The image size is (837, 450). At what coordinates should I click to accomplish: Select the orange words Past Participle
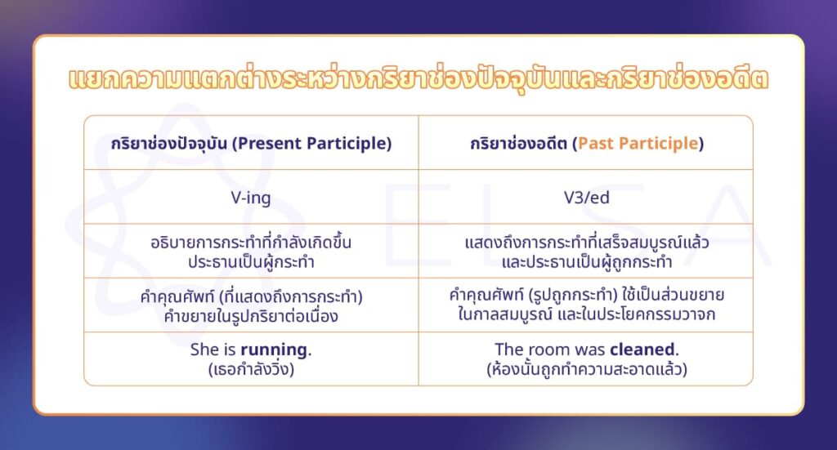point(638,143)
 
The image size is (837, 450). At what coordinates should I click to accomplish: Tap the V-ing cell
point(251,197)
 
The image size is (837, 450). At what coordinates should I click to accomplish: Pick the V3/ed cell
point(585,197)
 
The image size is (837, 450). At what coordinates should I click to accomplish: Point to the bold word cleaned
point(642,350)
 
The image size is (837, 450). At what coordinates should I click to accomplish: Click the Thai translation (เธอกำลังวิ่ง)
point(251,368)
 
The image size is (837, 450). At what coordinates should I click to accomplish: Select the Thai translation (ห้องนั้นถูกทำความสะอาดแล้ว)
point(585,368)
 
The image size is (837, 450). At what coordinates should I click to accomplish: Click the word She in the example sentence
point(204,350)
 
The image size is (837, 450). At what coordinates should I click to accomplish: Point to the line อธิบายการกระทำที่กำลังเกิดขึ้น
point(251,243)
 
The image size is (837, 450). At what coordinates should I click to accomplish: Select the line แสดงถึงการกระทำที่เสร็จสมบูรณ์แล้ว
point(585,243)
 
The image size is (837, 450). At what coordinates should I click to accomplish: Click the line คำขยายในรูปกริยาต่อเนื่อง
point(251,314)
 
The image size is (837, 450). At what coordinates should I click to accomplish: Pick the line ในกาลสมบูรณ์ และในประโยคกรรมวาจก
point(585,314)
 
